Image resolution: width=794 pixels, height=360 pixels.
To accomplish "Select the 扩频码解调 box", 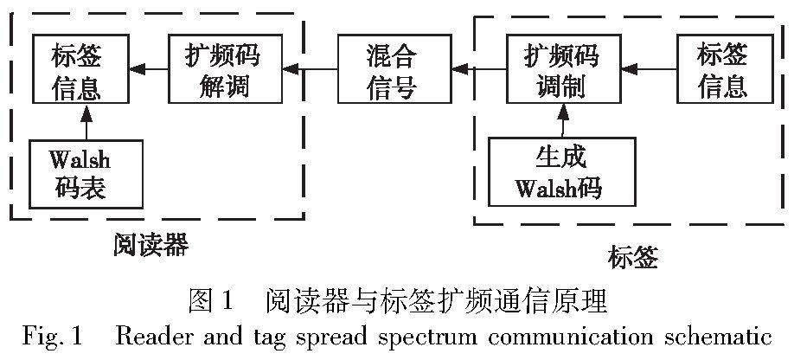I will click(222, 67).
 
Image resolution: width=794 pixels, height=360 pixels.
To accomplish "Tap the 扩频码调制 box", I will click(562, 67).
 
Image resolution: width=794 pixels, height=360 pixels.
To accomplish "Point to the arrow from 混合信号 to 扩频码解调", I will click(307, 66).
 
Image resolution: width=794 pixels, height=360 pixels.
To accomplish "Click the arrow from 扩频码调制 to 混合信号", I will click(477, 66).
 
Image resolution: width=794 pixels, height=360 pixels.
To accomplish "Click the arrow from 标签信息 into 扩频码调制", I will click(646, 66).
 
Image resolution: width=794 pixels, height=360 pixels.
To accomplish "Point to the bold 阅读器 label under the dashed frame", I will click(150, 246).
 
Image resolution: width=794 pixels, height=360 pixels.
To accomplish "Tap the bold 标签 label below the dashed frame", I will click(633, 257).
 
